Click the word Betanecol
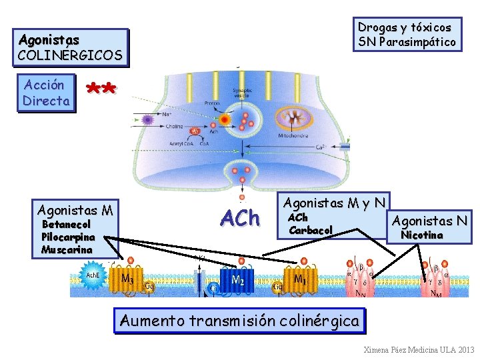66,225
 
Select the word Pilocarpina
68,237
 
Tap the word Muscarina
66,249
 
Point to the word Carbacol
310,230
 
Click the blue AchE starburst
93,275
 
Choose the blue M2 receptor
236,281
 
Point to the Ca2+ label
319,147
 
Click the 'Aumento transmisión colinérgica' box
240,321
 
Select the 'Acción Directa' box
45,93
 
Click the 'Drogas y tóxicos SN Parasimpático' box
407,35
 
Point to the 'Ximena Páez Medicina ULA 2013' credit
419,349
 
